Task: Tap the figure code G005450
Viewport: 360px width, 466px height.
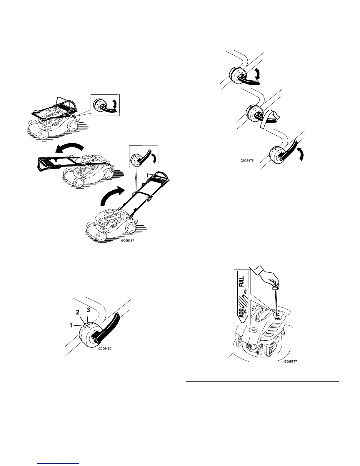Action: tap(105, 349)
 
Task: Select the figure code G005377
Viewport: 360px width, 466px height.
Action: tap(291, 362)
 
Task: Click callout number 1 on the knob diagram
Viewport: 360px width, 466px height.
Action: tap(71, 325)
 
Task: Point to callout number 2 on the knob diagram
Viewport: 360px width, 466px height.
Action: tap(78, 313)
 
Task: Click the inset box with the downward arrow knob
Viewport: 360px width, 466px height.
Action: tap(105, 104)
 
